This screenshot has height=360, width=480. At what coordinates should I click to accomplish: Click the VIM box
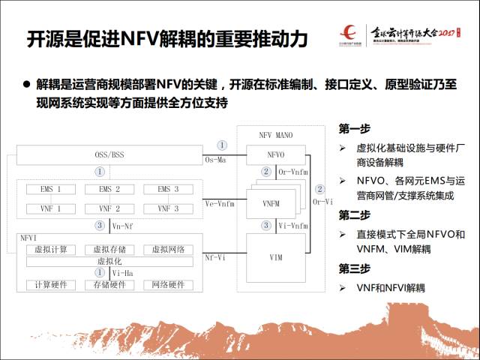click(x=276, y=257)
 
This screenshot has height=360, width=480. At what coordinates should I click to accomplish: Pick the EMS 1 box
click(x=47, y=189)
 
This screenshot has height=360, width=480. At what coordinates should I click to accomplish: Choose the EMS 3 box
click(x=168, y=189)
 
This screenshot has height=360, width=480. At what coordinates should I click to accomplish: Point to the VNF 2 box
click(x=108, y=208)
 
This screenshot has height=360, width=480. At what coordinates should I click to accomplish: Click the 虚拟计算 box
click(x=47, y=250)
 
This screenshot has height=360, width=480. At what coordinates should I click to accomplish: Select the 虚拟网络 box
click(x=168, y=250)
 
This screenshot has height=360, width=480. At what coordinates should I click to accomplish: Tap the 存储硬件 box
click(x=108, y=285)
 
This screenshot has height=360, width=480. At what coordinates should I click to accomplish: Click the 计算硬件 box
click(x=47, y=285)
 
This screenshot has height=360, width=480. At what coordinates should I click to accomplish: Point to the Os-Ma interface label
click(x=216, y=159)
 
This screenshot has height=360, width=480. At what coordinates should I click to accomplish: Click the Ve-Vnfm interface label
click(x=219, y=203)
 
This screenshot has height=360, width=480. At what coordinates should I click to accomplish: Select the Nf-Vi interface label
click(x=215, y=257)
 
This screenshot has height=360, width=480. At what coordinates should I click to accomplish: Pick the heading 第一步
click(x=355, y=128)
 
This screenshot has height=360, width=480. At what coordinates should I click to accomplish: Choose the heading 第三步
click(x=355, y=268)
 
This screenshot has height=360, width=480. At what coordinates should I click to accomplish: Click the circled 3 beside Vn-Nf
click(x=99, y=225)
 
